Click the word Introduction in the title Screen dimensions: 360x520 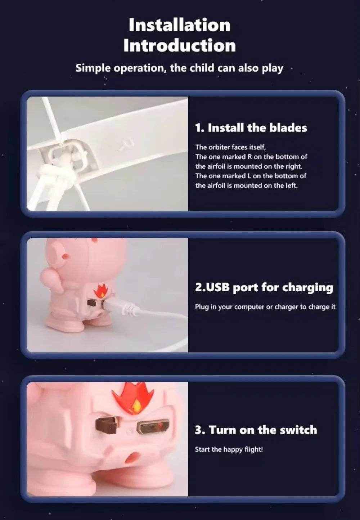pyautogui.click(x=180, y=45)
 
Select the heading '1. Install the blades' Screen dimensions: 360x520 pyautogui.click(x=251, y=128)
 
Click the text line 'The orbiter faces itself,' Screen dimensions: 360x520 pyautogui.click(x=230, y=147)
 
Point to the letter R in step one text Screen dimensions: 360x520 pyautogui.click(x=249, y=157)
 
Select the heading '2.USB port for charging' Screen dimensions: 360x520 pyautogui.click(x=264, y=288)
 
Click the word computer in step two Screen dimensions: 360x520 pyautogui.click(x=249, y=307)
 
